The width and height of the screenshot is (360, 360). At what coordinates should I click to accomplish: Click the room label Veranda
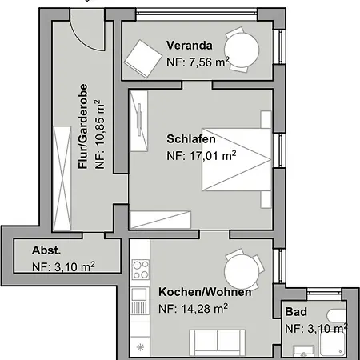(190, 45)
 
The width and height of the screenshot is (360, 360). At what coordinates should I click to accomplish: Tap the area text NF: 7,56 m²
(197, 62)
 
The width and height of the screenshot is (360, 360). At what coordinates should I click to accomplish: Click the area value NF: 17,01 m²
(201, 156)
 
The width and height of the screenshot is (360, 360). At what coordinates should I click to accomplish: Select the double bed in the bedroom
(232, 158)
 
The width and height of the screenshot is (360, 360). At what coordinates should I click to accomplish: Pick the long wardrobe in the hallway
(61, 177)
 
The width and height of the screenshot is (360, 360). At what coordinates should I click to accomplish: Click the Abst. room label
(45, 249)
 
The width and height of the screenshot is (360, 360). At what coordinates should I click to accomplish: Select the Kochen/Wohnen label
(205, 292)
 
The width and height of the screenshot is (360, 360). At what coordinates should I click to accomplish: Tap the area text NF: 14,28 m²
(194, 308)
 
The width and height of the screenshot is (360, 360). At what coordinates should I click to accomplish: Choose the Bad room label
(295, 312)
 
